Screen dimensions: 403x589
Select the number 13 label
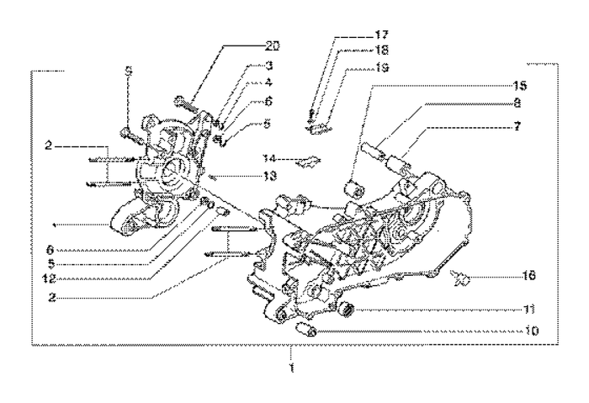pyautogui.click(x=245, y=176)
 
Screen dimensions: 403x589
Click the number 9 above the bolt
pyautogui.click(x=129, y=73)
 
